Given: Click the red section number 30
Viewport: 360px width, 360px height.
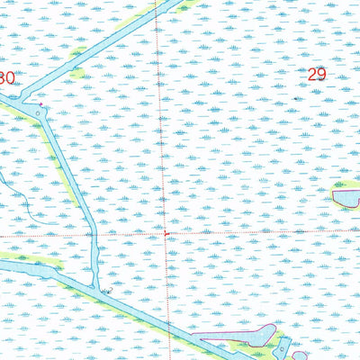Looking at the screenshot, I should point(6,78).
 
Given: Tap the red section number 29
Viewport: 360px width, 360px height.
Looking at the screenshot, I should point(316,75).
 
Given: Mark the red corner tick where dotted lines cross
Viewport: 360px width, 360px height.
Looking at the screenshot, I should point(166,234).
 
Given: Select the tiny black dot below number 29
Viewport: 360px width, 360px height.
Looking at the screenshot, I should point(300,97).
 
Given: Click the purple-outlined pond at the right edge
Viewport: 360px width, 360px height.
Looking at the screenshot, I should point(346,195).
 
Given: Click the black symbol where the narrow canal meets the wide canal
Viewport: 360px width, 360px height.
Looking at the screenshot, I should point(106,291).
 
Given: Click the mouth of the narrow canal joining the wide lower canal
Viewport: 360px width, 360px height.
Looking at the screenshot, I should point(97,286).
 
